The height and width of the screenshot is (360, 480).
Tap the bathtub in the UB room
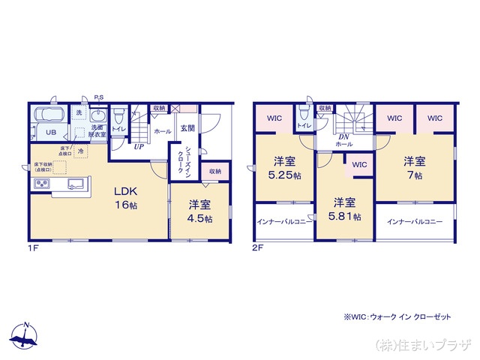49,115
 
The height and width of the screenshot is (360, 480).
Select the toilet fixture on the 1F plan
118,116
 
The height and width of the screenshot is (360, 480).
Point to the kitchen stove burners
40,184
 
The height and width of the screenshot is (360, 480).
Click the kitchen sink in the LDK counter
76,184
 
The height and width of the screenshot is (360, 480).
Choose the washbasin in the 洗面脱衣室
98,116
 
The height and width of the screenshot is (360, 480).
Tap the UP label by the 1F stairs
139,146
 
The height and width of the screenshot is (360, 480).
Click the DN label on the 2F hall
344,136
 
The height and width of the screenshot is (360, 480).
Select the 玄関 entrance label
186,128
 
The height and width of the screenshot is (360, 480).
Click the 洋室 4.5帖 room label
199,211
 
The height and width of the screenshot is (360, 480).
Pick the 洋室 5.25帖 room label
285,168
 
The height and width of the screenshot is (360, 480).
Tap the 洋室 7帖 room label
414,168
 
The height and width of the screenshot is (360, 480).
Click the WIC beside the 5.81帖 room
359,164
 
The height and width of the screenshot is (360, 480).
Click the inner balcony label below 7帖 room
415,222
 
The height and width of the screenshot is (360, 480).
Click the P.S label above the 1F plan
98,97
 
